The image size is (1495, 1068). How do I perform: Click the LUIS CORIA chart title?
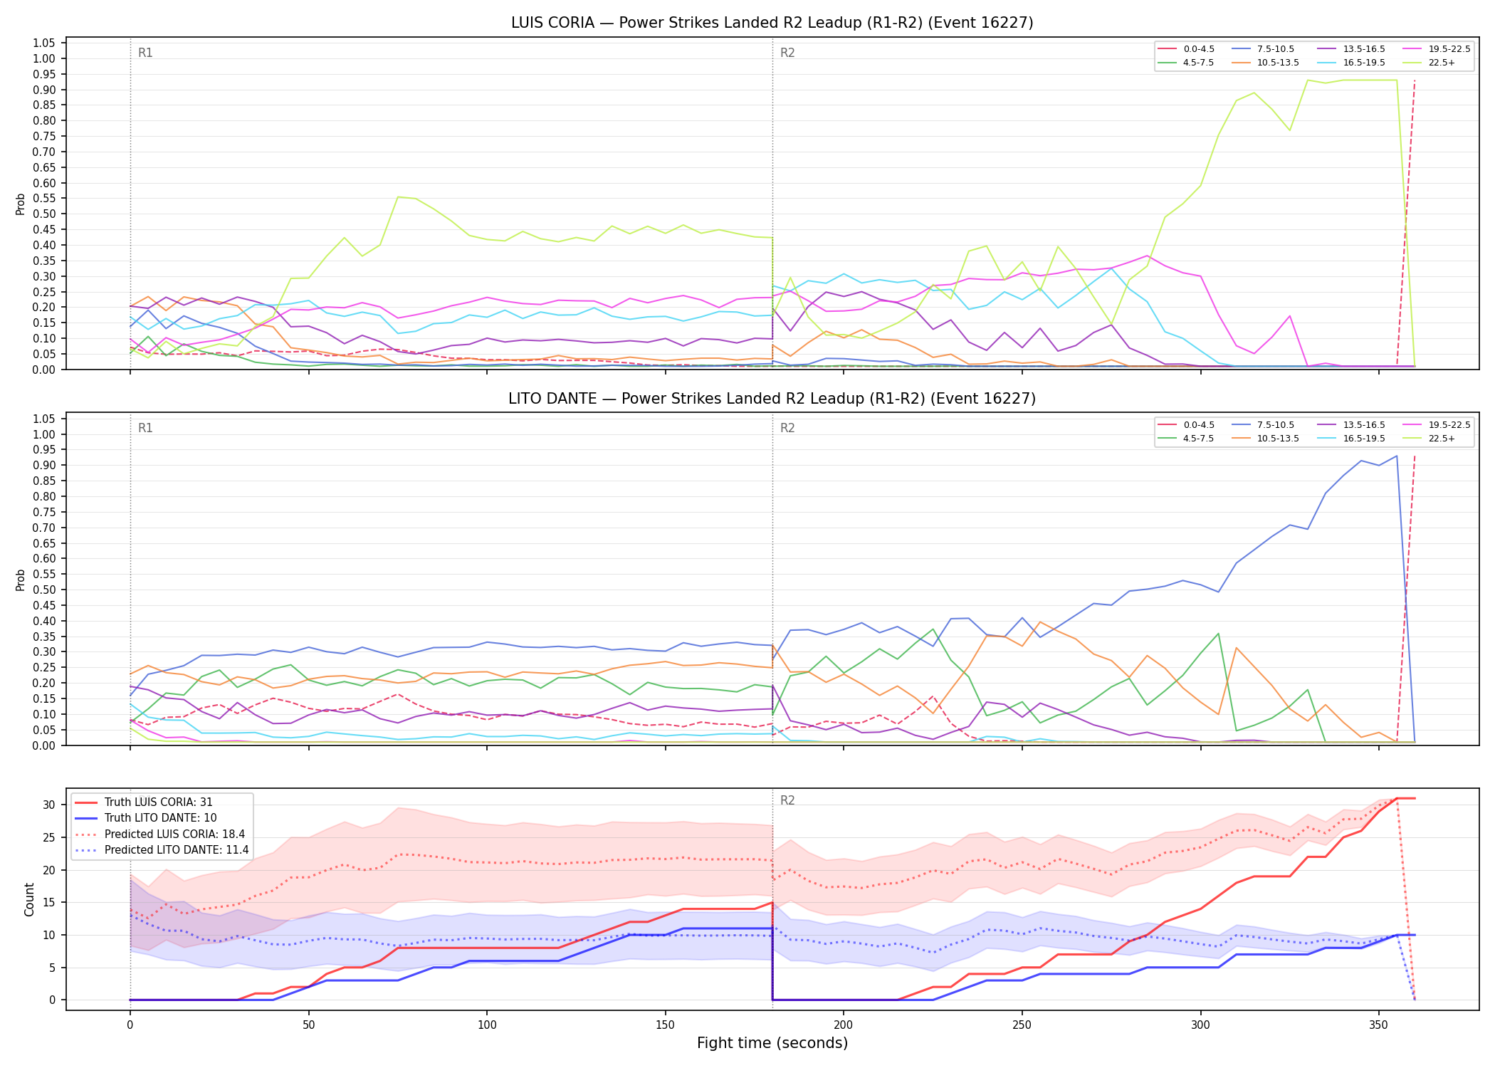(x=772, y=23)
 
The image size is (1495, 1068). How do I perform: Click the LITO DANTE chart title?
(x=772, y=399)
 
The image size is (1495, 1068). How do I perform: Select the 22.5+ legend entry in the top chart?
(x=1432, y=63)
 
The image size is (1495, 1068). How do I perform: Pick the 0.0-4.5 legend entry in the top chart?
(x=1186, y=49)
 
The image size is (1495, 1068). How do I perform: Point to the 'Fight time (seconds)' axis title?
(x=772, y=1043)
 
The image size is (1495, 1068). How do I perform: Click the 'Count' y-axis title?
(x=29, y=899)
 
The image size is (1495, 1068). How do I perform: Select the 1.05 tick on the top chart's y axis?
(x=44, y=43)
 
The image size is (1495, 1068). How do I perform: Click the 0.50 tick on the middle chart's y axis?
(x=44, y=590)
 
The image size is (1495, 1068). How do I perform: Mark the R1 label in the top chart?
(x=145, y=53)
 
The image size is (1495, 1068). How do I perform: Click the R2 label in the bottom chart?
(x=787, y=800)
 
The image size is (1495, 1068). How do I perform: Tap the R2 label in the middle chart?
(x=787, y=428)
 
